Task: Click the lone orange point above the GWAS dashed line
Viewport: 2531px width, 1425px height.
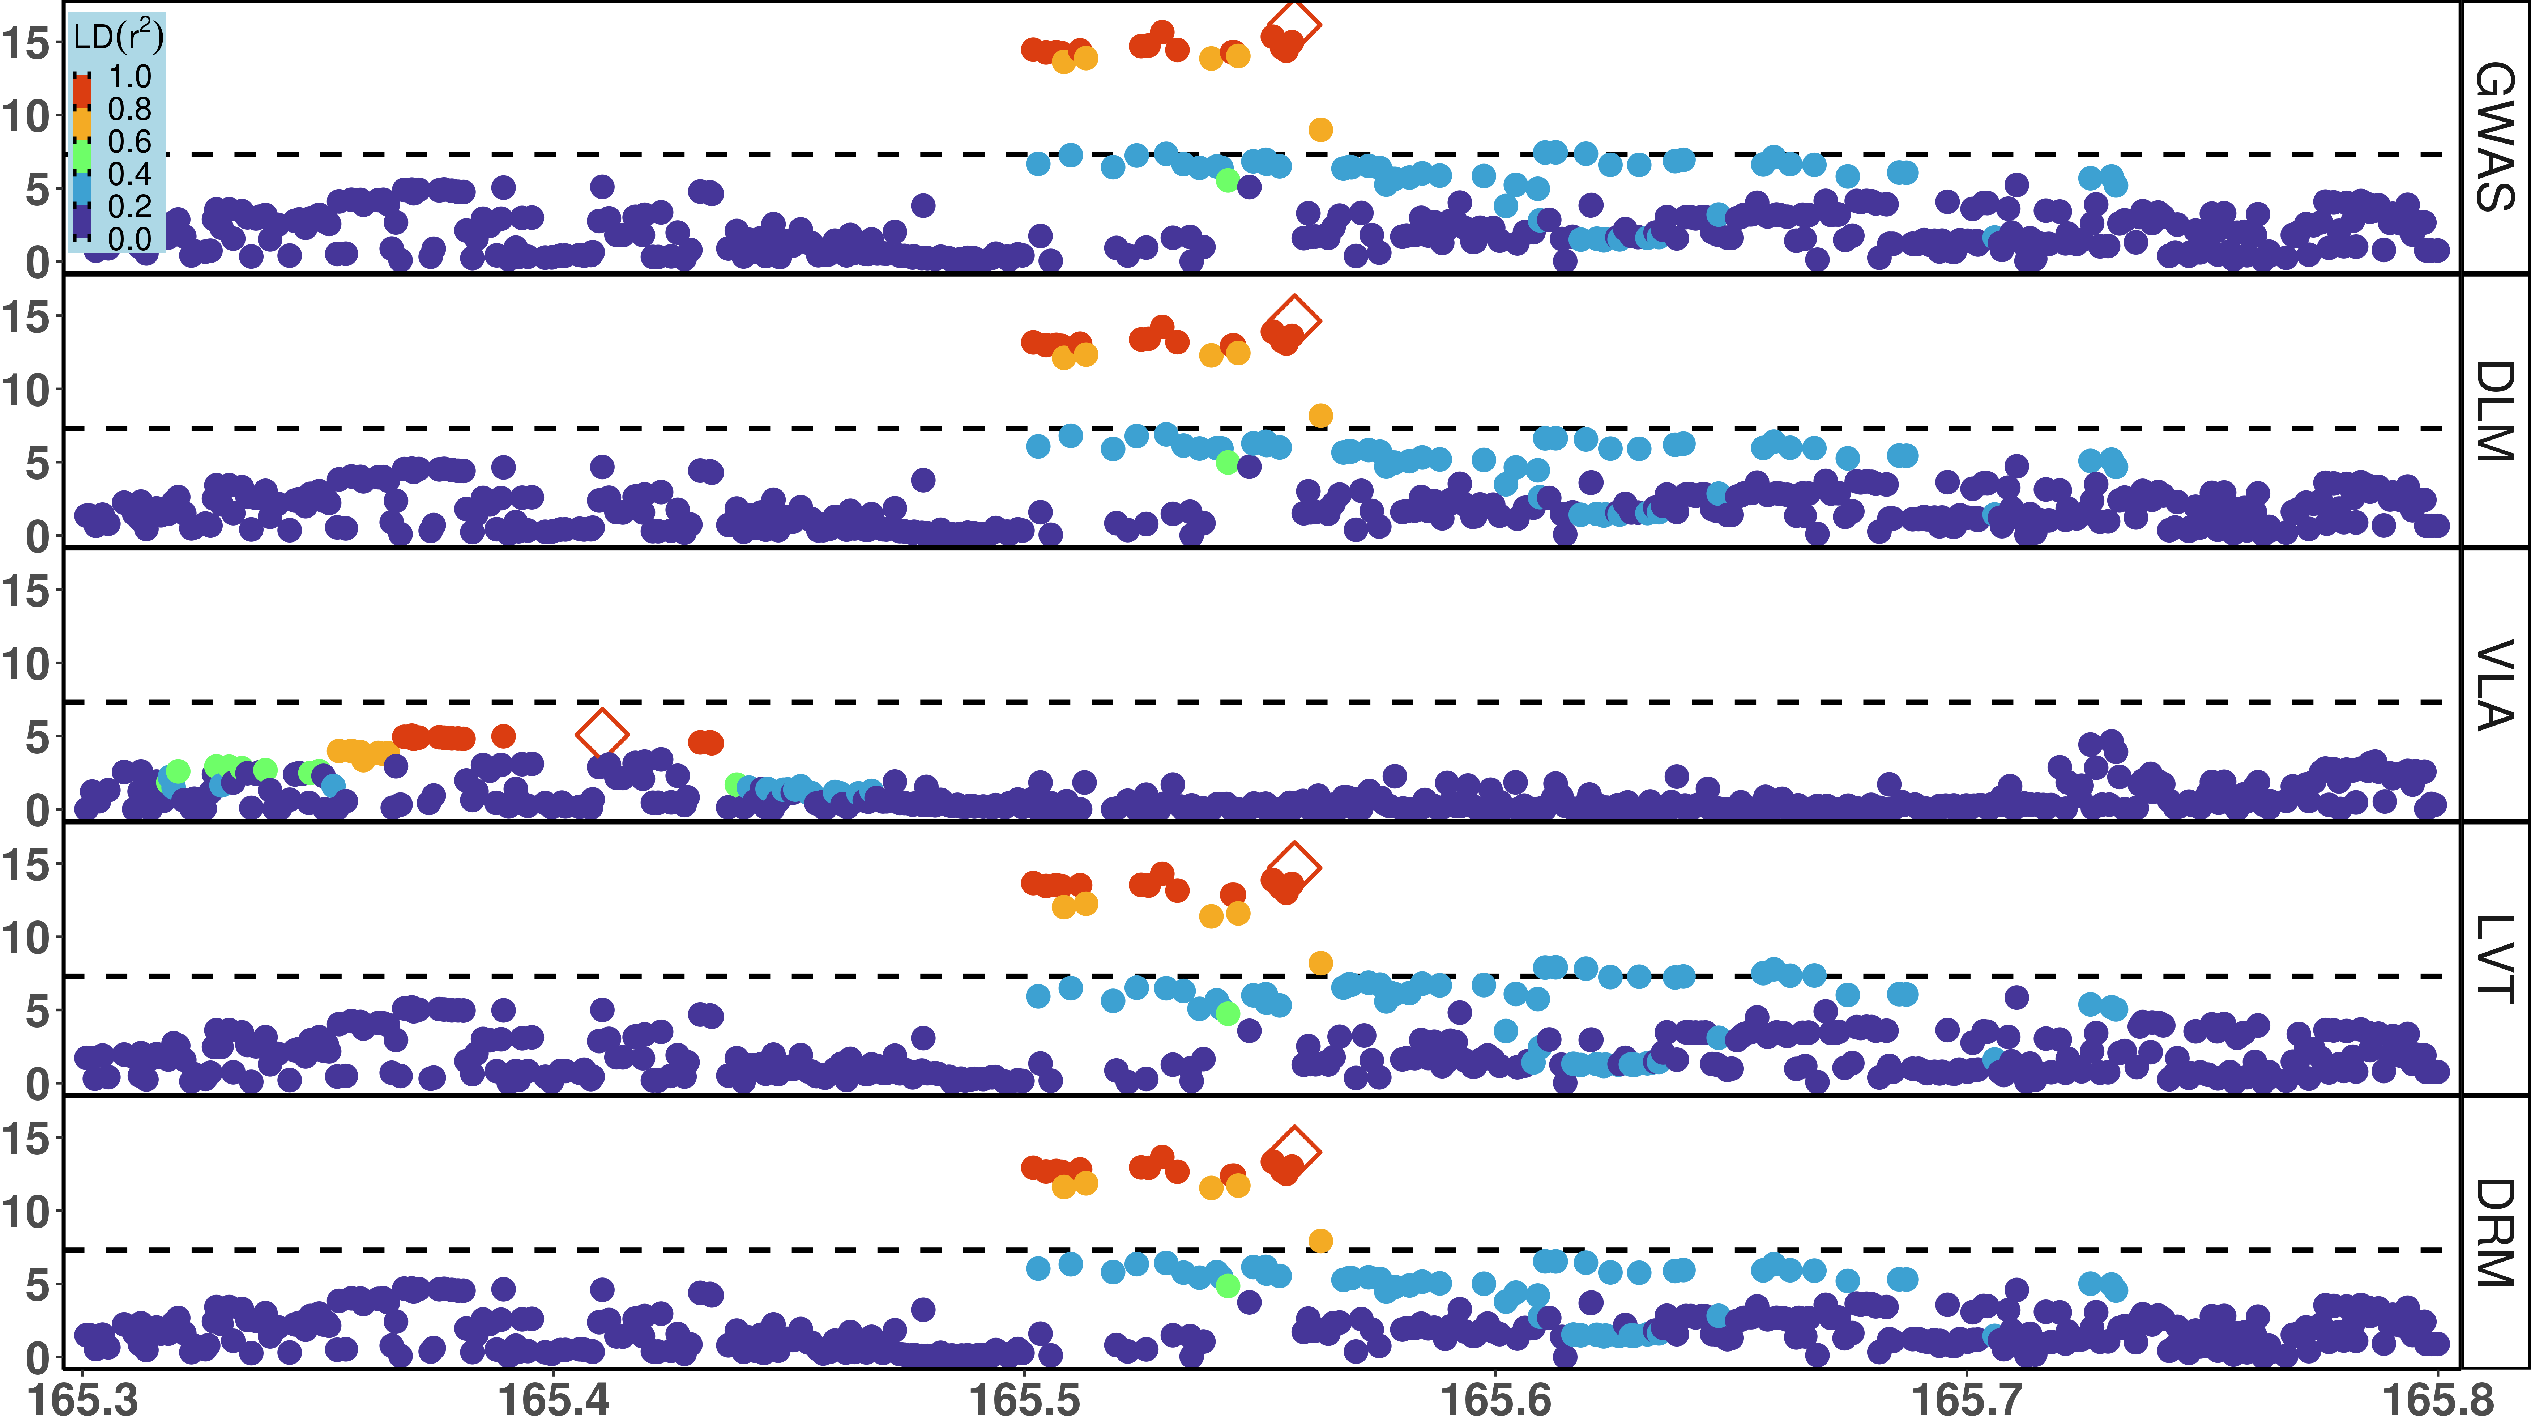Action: (1320, 130)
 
